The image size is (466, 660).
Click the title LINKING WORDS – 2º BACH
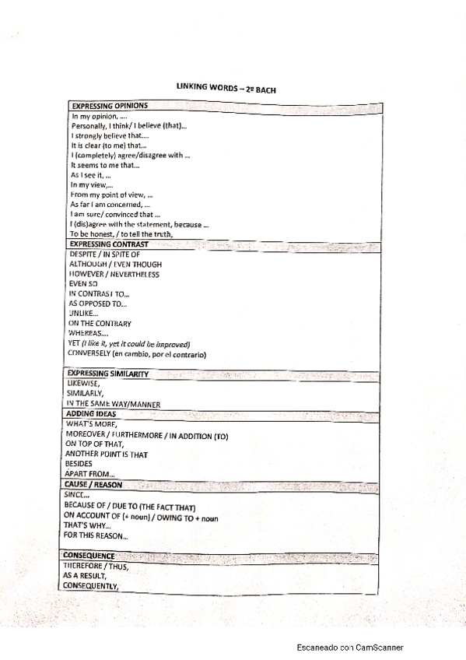(x=226, y=90)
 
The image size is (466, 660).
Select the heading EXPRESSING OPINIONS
(x=110, y=105)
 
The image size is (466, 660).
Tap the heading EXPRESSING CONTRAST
(x=108, y=244)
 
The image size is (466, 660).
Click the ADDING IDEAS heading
(x=91, y=413)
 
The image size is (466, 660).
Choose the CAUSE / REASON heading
(x=93, y=485)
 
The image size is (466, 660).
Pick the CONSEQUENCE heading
(x=89, y=556)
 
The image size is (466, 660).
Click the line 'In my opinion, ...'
(x=99, y=116)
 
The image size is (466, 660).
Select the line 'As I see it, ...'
(x=90, y=175)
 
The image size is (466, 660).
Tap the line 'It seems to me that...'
(x=105, y=165)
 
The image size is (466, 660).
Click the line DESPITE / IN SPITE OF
(x=104, y=255)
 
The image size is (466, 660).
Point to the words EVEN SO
(x=83, y=284)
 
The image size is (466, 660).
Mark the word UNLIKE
(x=83, y=314)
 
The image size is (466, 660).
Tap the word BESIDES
(x=79, y=464)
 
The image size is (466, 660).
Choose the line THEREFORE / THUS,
(x=95, y=566)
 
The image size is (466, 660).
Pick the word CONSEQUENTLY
(x=91, y=586)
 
